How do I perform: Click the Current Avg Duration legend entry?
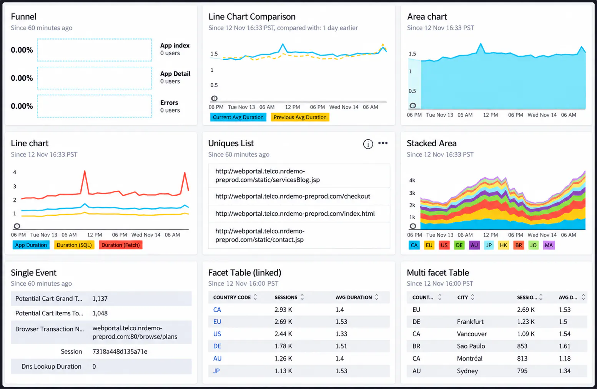click(238, 117)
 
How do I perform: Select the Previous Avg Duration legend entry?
click(300, 117)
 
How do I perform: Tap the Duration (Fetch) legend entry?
click(120, 245)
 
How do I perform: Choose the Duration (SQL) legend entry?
click(74, 245)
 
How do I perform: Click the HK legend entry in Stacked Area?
click(504, 245)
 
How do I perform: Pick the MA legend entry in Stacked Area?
click(549, 245)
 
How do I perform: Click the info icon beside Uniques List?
click(368, 144)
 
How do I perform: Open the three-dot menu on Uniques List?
click(383, 143)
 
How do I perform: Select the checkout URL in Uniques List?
click(293, 196)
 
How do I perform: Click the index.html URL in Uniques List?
click(295, 214)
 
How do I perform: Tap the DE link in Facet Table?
click(217, 346)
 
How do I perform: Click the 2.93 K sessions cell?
click(283, 310)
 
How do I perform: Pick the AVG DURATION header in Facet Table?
click(354, 297)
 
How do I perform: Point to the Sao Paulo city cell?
click(471, 346)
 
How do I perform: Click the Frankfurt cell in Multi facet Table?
click(470, 322)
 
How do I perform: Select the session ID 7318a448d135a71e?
click(120, 351)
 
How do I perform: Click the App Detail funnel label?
click(175, 74)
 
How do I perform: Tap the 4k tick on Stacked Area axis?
click(412, 180)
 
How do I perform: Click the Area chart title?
click(427, 17)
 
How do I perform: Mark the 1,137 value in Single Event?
click(100, 299)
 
